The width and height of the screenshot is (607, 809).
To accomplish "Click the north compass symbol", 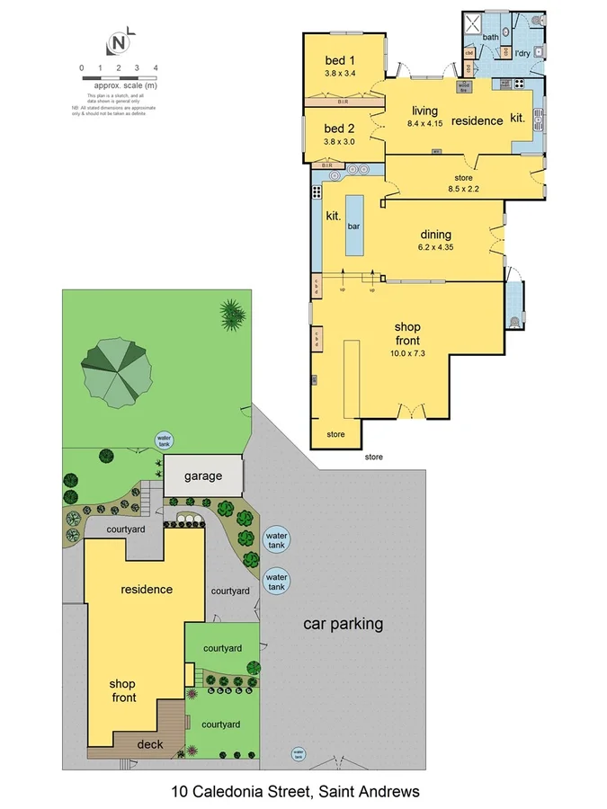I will [x=119, y=42].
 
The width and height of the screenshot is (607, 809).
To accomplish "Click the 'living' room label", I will [x=425, y=111].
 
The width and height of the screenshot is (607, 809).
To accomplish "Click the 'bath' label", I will [x=490, y=37].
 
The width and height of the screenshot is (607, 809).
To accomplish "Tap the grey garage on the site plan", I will [x=203, y=476].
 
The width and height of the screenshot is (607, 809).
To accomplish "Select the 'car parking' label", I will [x=343, y=623].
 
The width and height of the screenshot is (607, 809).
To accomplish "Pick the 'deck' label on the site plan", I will [x=149, y=743].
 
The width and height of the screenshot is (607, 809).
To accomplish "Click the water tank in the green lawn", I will [x=165, y=439].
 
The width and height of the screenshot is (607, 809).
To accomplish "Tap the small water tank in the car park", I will [x=298, y=754].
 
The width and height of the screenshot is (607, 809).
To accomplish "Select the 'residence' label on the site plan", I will [x=147, y=590].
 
